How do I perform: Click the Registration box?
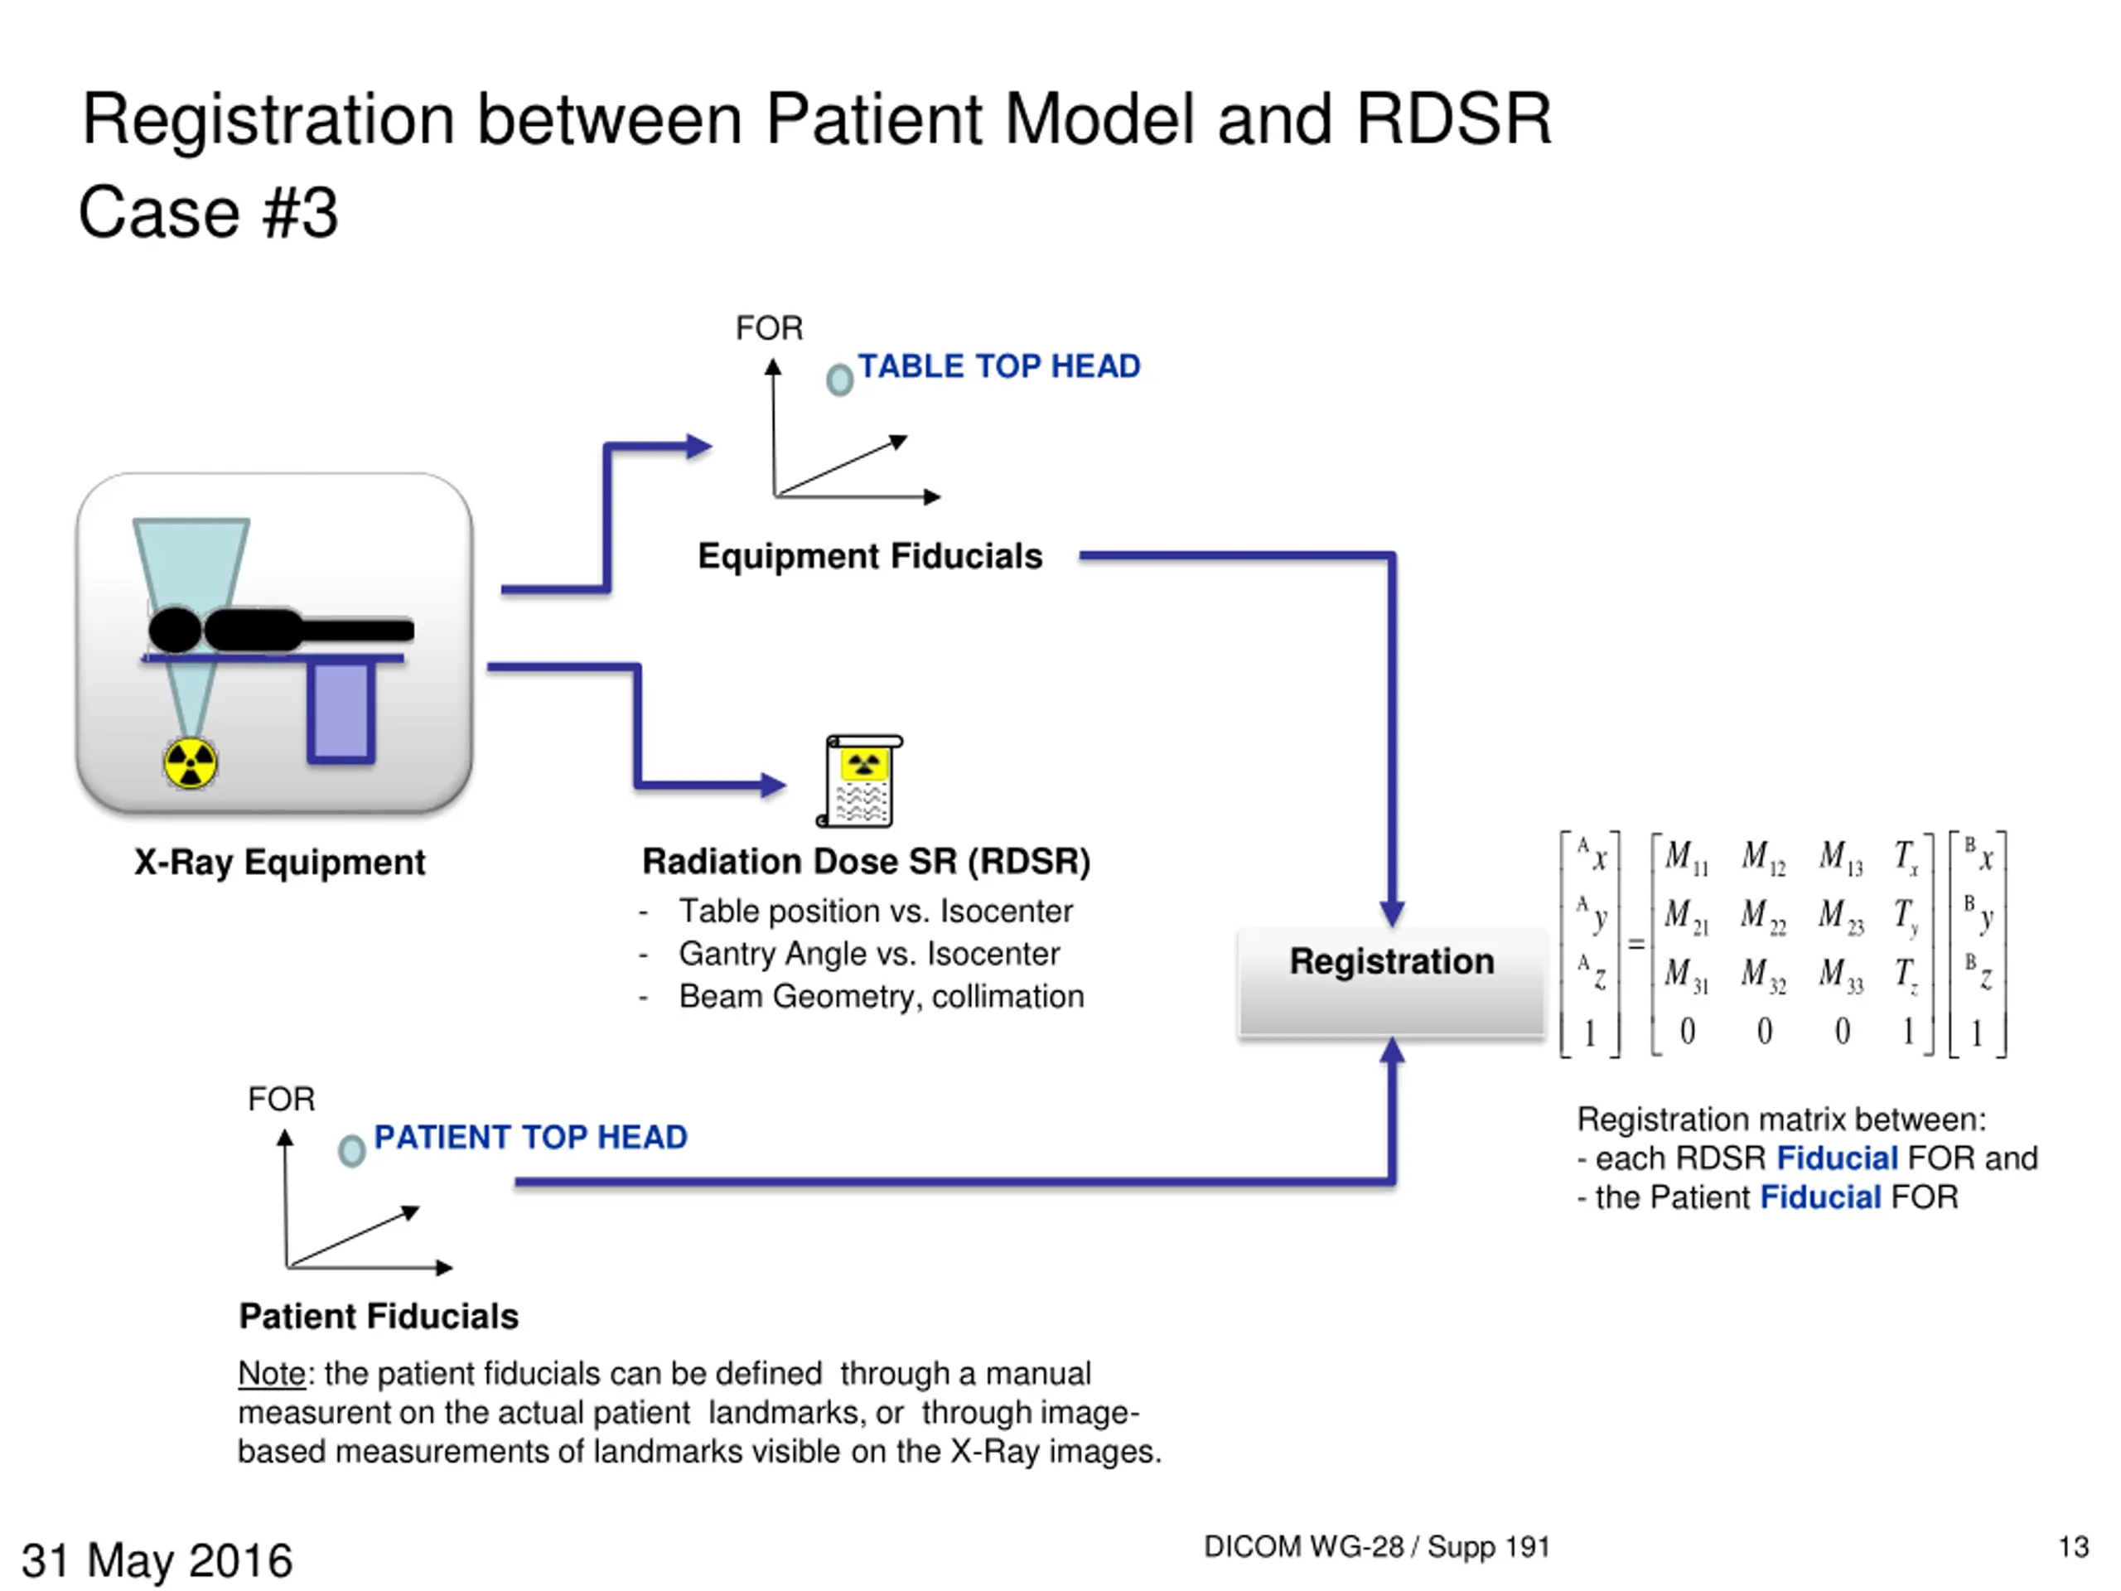tap(1391, 982)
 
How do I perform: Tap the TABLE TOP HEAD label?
tap(998, 366)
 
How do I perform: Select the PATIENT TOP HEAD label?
tap(530, 1138)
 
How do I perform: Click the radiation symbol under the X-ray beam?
tap(190, 763)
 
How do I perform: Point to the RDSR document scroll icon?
tap(860, 781)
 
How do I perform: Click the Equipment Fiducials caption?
tap(870, 556)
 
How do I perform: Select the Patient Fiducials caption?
tap(379, 1316)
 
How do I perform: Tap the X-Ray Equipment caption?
tap(279, 862)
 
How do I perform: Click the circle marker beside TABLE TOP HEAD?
tap(840, 380)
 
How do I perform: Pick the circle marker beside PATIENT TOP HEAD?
tap(352, 1151)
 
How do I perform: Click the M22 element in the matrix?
tap(1763, 916)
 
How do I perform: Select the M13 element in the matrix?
tap(1841, 856)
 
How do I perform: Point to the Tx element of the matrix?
tap(1906, 856)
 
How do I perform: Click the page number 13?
tap(2073, 1547)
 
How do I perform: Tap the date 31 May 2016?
tap(157, 1560)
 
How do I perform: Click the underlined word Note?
tap(272, 1373)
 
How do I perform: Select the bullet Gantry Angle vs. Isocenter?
tap(869, 955)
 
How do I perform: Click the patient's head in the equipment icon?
tap(176, 630)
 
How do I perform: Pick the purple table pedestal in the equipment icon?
tap(341, 713)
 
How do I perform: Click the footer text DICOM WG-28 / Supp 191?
tap(1377, 1547)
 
